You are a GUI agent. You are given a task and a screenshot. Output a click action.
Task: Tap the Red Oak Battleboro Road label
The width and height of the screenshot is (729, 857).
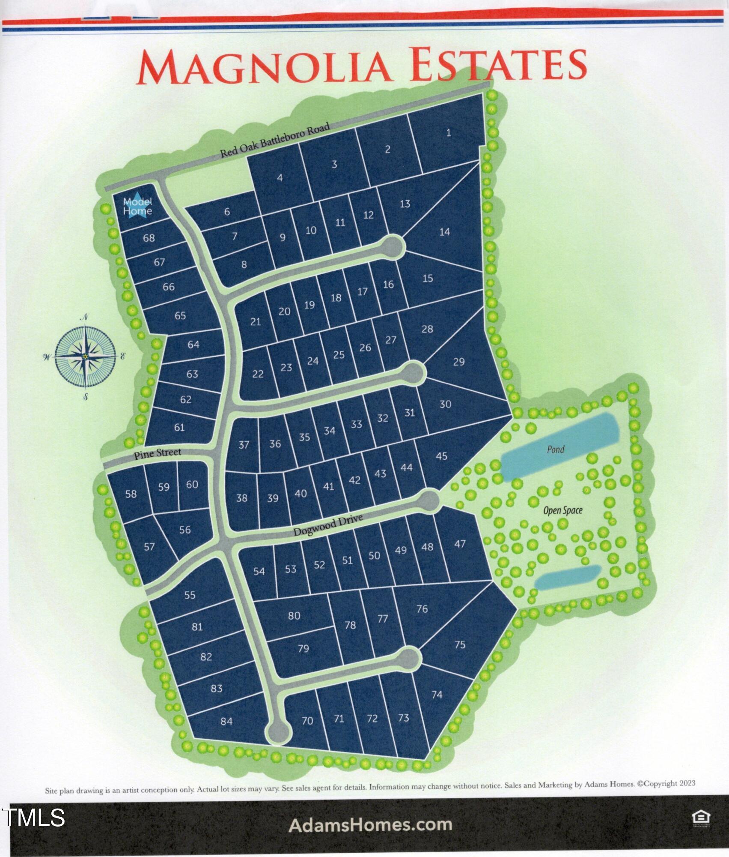coord(275,140)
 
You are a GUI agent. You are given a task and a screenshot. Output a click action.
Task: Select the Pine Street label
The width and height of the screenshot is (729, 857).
coord(157,453)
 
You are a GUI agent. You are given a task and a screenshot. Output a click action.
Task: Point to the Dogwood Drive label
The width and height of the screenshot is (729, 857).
coord(328,525)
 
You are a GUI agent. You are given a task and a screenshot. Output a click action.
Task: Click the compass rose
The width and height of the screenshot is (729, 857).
coord(85,356)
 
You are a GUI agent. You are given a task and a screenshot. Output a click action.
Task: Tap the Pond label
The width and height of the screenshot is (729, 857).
coord(555,449)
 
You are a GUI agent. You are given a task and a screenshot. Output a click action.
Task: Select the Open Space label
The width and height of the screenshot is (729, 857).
coord(562,510)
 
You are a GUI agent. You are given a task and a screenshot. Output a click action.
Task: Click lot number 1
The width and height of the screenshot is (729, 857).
coord(448,133)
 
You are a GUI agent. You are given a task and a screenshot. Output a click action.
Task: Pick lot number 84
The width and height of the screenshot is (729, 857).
coord(226,721)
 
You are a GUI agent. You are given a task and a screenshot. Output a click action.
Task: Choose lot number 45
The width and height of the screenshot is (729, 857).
coord(441,456)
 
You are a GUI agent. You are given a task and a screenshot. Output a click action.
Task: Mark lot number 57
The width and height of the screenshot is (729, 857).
coord(149,547)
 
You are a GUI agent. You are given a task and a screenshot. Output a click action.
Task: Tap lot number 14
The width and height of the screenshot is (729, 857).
coord(444,232)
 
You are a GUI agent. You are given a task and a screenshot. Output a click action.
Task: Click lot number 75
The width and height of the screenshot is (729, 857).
coord(459,644)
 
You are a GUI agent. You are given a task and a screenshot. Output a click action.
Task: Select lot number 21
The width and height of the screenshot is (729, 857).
coord(255,321)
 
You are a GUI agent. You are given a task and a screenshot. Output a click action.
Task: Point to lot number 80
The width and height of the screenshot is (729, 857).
coord(294,616)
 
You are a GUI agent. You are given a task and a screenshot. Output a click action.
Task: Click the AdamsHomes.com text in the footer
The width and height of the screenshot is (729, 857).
coord(370,824)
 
